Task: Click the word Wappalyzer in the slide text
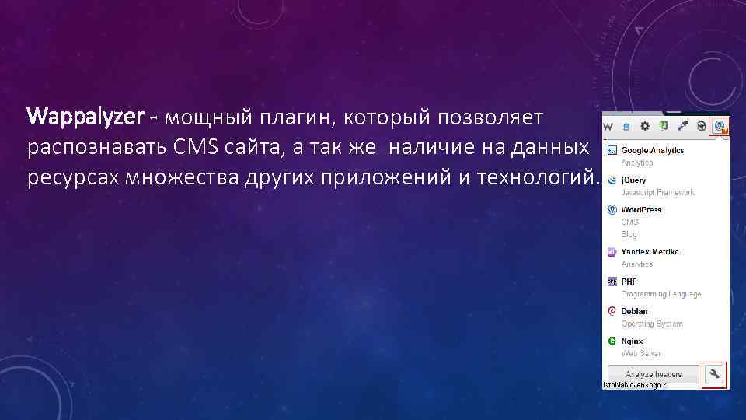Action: click(85, 117)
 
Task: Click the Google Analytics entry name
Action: click(652, 150)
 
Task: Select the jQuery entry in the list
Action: click(634, 180)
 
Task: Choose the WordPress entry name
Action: click(641, 209)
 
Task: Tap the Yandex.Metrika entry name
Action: click(650, 252)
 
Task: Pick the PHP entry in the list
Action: click(629, 282)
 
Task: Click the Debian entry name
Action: click(634, 311)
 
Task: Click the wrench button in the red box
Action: click(714, 374)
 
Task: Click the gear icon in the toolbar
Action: click(645, 125)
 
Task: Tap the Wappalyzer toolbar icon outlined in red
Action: click(720, 125)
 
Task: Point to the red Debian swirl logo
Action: click(612, 311)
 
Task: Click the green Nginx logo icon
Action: click(612, 341)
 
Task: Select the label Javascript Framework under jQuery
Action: click(657, 192)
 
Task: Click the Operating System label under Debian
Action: click(651, 324)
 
